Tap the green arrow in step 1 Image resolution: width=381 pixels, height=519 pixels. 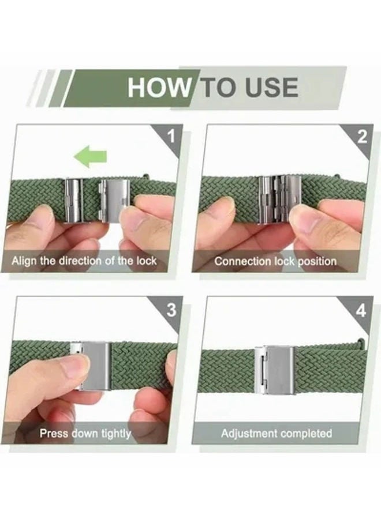[90, 156]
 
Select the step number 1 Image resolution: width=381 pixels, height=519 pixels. [171, 136]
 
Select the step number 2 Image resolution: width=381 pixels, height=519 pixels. [363, 136]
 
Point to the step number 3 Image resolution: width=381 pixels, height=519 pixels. [171, 310]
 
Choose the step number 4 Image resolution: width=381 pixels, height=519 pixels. [361, 311]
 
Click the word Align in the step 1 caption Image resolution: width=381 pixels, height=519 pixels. [24, 261]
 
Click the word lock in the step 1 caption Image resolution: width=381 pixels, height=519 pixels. [146, 261]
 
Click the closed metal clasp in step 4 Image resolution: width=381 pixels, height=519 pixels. [274, 370]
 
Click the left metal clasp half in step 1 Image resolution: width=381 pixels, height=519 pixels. [74, 201]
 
